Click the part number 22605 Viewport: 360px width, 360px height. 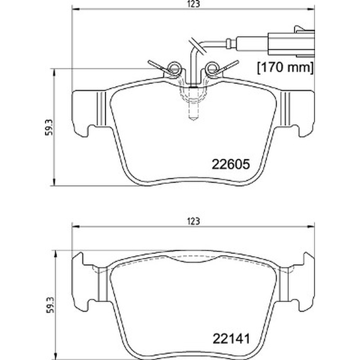click(x=230, y=164)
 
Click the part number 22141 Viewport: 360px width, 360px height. click(x=231, y=339)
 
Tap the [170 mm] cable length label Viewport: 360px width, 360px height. click(x=285, y=68)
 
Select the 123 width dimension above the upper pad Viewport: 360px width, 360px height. click(x=193, y=4)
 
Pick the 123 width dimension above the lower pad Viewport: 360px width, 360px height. click(x=193, y=221)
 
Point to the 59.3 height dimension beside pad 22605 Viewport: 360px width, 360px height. click(x=49, y=127)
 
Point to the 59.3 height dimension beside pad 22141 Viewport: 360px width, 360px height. click(x=50, y=305)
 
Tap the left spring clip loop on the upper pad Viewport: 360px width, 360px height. click(x=174, y=68)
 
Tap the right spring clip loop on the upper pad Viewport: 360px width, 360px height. click(x=211, y=68)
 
